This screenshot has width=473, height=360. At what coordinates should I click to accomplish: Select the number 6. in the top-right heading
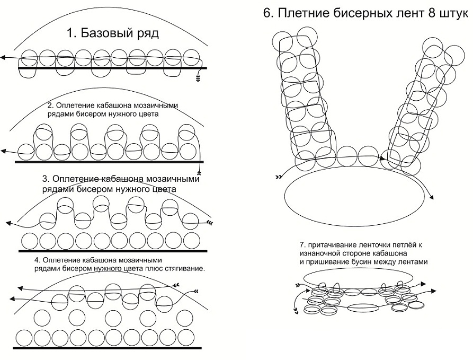click(268, 14)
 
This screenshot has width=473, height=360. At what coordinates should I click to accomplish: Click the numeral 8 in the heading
click(429, 14)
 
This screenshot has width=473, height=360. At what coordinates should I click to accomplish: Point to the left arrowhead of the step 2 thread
click(3, 151)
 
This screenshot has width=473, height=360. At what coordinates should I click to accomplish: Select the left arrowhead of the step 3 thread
click(8, 223)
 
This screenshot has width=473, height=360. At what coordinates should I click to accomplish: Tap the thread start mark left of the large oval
click(278, 177)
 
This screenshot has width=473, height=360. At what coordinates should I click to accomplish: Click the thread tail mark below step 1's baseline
click(198, 79)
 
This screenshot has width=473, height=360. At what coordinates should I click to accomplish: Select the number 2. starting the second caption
click(51, 106)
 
